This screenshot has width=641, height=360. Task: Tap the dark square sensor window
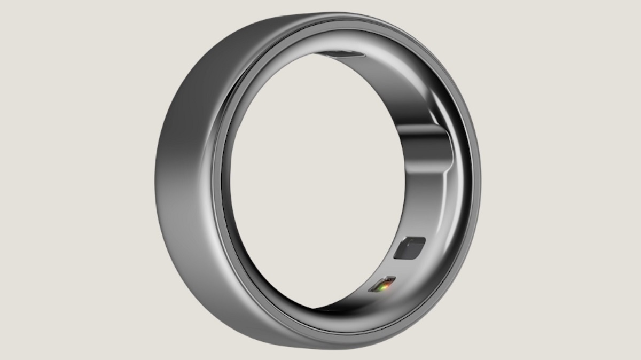pos(409,248)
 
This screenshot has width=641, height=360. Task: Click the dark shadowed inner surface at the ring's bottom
pos(331,313)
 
